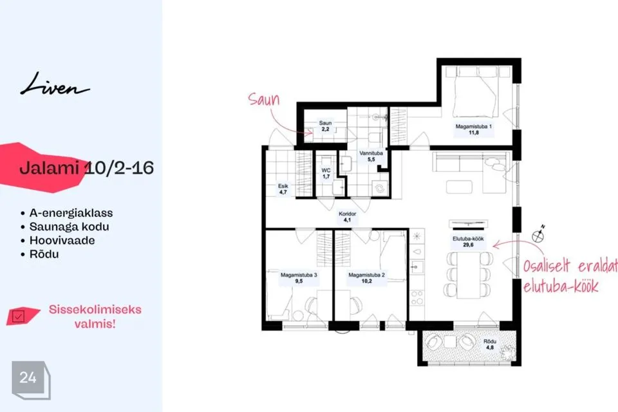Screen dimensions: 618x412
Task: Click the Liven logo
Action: (x=55, y=84)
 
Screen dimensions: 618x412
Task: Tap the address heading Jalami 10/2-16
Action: (x=86, y=168)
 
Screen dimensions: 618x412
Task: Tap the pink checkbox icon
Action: (x=19, y=316)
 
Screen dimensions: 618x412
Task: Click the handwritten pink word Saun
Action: (x=264, y=99)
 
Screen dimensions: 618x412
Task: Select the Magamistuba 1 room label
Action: (x=473, y=129)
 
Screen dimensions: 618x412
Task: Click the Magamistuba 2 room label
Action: (x=366, y=278)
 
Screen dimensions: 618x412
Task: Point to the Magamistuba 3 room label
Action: (x=299, y=278)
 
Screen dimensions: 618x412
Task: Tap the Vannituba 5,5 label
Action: (x=371, y=156)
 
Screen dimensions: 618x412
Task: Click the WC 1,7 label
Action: (x=326, y=173)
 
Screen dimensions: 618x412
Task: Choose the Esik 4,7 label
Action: (x=283, y=189)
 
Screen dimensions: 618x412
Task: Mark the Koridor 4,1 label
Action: (x=347, y=217)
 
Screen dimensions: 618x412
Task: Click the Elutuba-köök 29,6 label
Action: (x=468, y=241)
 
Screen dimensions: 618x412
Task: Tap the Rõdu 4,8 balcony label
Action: (x=490, y=344)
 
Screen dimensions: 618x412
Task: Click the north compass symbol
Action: (x=538, y=234)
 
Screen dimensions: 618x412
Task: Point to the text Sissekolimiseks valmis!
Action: (x=95, y=317)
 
